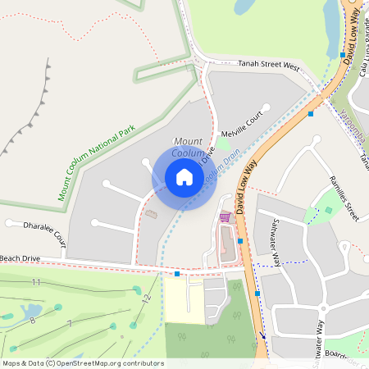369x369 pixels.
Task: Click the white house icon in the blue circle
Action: [184, 177]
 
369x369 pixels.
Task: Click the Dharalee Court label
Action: [36, 232]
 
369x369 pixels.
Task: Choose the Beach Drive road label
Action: [20, 258]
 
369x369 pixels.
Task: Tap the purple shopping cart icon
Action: [225, 217]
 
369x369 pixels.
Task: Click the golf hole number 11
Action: [35, 282]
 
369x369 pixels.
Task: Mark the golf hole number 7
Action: [70, 324]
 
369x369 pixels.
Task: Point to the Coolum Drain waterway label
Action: [222, 165]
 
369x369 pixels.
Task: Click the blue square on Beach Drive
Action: [177, 274]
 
